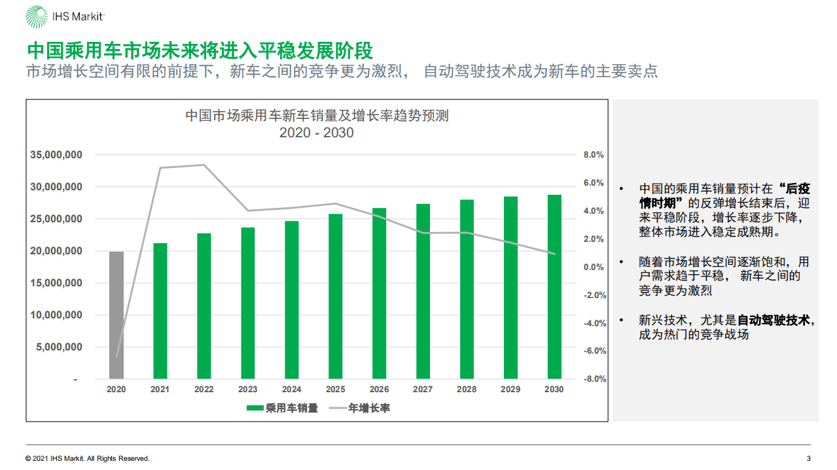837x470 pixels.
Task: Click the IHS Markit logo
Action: coord(64,18)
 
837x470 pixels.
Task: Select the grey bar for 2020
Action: coord(116,315)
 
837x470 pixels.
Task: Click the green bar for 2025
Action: coord(335,296)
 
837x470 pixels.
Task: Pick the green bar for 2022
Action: coord(204,306)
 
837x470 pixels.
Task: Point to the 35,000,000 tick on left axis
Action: coord(56,155)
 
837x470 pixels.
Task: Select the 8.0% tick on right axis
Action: coord(594,155)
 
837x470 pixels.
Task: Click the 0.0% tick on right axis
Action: coord(594,267)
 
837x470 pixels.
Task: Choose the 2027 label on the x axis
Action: coord(423,390)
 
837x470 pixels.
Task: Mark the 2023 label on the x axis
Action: coord(247,390)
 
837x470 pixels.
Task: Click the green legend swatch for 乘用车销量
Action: coord(255,409)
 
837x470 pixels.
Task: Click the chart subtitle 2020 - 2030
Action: coord(316,133)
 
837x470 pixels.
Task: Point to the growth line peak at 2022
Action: coord(204,165)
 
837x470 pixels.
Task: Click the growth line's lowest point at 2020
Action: coord(117,357)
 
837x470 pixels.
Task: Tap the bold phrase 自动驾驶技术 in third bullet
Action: coord(774,320)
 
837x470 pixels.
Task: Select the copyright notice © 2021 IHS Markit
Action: coord(88,458)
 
